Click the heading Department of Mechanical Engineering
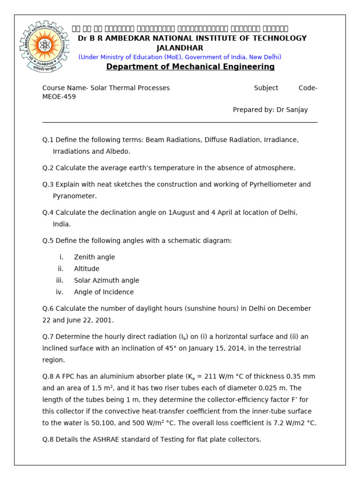(x=190, y=67)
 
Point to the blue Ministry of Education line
(x=180, y=57)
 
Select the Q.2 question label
(x=48, y=168)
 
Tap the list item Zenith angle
(x=94, y=257)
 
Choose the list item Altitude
(x=87, y=269)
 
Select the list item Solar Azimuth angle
(x=106, y=280)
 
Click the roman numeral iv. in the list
(x=60, y=292)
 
